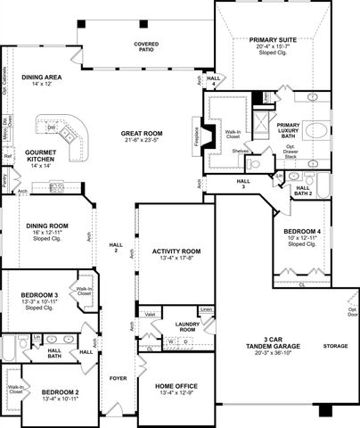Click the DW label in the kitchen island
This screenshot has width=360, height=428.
click(52, 128)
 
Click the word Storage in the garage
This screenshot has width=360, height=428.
click(335, 346)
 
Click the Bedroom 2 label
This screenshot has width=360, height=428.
click(60, 391)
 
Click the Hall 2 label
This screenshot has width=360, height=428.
click(114, 247)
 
